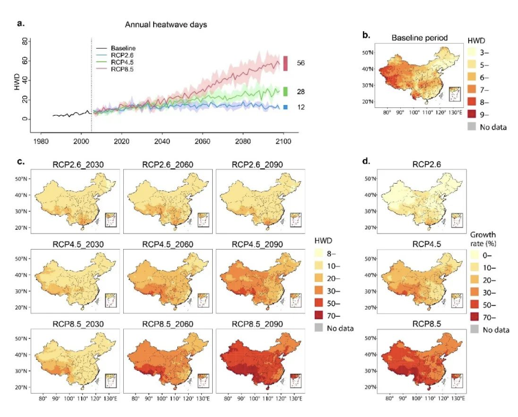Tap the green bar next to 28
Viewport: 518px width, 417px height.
pos(286,91)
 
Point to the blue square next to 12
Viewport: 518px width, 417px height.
pos(286,107)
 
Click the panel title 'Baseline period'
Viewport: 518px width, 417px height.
pos(419,38)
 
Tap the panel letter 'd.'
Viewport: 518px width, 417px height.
pos(365,161)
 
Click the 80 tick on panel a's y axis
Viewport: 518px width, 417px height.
pos(24,41)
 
